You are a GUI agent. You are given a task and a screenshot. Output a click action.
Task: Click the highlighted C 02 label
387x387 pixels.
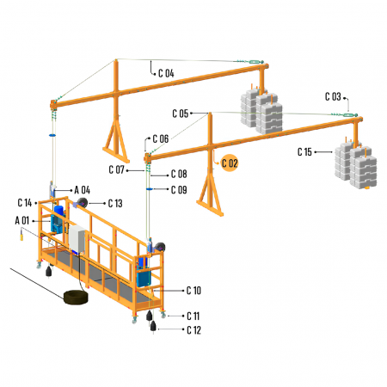tap(230, 163)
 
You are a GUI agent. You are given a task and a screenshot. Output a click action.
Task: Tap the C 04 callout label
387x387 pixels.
tap(166, 73)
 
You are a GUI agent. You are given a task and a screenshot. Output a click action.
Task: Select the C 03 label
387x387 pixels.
tap(333, 96)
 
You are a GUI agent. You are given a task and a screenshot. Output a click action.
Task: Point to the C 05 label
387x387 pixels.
tap(181, 114)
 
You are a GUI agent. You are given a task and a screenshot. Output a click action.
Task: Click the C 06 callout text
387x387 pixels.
tap(161, 138)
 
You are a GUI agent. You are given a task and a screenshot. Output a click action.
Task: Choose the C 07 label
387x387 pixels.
tap(116, 169)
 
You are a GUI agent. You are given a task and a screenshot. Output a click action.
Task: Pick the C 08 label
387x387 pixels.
tap(179, 174)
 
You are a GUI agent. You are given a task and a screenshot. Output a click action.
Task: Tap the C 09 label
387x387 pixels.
tap(179, 190)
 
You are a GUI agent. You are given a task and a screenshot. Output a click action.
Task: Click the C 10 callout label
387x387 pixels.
tap(193, 291)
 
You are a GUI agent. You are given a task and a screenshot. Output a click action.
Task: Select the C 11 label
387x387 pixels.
tap(193, 316)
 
